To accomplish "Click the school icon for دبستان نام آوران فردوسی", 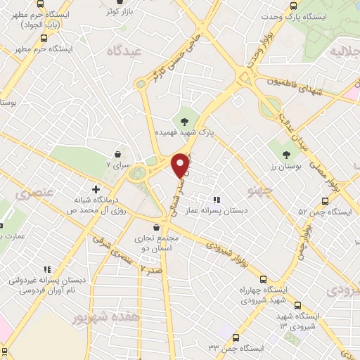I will pyautogui.click(x=48, y=269).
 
